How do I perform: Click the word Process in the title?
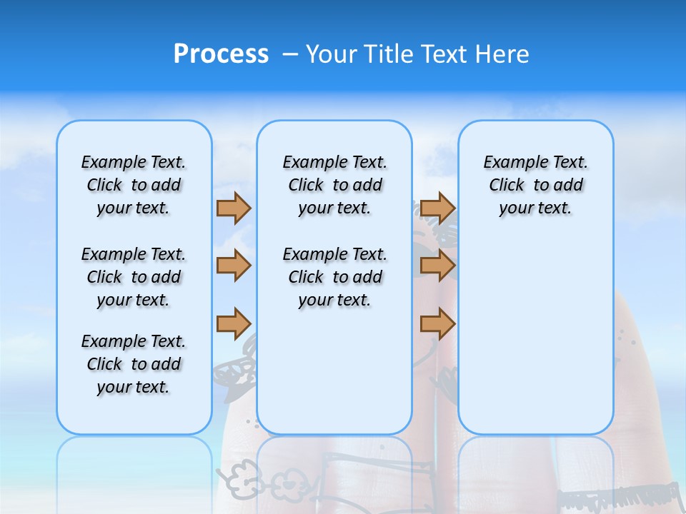(x=221, y=54)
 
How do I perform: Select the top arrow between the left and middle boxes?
(x=234, y=208)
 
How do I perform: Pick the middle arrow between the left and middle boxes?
(x=234, y=266)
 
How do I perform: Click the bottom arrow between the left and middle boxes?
(x=234, y=323)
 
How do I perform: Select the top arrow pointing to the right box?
(x=437, y=208)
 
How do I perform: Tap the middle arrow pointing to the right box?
(x=437, y=266)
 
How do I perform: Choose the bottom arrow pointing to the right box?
(x=437, y=323)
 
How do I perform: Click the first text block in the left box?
(x=134, y=185)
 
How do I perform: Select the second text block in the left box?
(x=134, y=277)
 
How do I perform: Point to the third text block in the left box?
(x=134, y=364)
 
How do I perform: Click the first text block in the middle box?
(x=334, y=185)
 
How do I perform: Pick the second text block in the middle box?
(x=334, y=277)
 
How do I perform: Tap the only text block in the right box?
(x=535, y=185)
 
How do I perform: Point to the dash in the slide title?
(x=290, y=54)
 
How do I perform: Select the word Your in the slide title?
(x=331, y=54)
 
